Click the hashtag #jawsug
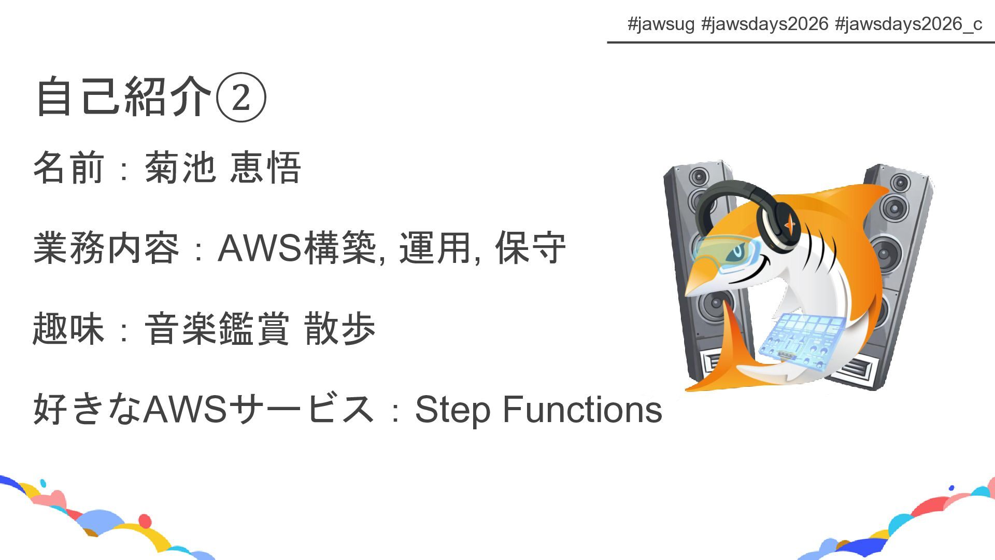[660, 24]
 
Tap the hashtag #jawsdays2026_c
[908, 24]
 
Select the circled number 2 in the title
[241, 97]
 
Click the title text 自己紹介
[124, 97]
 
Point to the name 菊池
[180, 167]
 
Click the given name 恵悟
[265, 167]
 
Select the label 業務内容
[106, 248]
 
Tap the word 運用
[435, 248]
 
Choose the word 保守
[530, 248]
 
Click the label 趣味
[69, 328]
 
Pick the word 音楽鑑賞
[217, 328]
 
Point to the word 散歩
[340, 328]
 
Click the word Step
[452, 410]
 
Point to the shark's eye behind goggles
[736, 253]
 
